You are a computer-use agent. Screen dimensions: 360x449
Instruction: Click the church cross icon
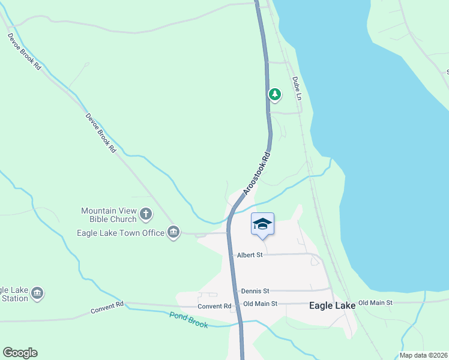(146, 214)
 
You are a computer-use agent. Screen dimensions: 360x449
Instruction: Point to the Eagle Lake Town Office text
(121, 233)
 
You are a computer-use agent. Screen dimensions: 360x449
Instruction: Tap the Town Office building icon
(173, 233)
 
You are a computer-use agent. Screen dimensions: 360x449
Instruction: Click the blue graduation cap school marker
(262, 224)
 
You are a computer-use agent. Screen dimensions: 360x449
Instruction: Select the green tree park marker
(275, 94)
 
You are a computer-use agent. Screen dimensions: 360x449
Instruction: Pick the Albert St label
(250, 255)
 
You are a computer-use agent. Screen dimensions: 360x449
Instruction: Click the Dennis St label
(255, 291)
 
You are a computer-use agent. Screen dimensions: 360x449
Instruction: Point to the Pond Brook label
(188, 320)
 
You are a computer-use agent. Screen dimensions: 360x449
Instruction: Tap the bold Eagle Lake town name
(332, 305)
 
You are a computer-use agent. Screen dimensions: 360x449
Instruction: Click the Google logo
(20, 353)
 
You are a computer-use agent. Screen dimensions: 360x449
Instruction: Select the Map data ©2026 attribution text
(423, 355)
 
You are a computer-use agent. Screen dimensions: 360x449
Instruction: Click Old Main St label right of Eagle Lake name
(375, 303)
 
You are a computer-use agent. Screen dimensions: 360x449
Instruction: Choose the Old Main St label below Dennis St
(261, 304)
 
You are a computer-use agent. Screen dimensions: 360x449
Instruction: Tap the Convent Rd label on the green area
(107, 307)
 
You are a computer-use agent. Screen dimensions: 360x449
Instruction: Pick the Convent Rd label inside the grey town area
(214, 306)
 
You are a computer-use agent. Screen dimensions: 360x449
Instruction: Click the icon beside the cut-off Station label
(37, 293)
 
